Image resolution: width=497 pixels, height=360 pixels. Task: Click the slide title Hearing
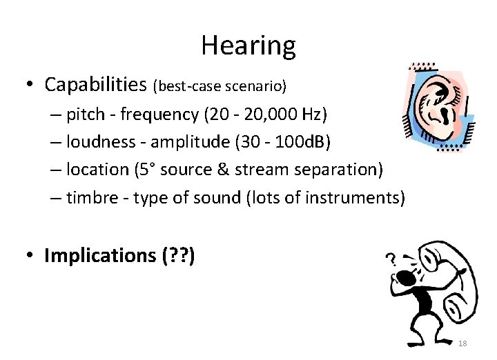248,46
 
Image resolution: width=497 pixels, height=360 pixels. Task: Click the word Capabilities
96,85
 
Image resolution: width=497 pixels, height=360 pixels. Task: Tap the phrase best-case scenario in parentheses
220,86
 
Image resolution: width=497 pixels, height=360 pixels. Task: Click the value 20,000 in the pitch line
266,113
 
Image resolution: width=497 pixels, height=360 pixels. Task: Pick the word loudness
100,141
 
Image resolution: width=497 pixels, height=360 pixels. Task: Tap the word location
97,170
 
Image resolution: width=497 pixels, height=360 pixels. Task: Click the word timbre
90,199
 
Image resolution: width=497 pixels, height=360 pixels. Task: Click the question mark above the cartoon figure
391,261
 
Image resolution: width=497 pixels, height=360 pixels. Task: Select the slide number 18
462,343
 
